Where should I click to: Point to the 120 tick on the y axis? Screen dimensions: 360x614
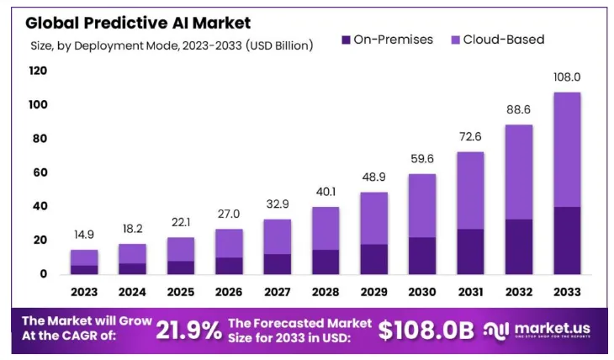click(x=38, y=71)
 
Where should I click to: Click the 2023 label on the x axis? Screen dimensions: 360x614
click(x=84, y=292)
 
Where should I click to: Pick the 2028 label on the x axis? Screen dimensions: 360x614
click(x=325, y=292)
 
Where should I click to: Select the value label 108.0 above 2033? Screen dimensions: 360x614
click(x=566, y=77)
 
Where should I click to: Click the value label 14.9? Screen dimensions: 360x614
click(x=84, y=235)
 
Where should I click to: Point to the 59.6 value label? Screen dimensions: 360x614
click(x=421, y=159)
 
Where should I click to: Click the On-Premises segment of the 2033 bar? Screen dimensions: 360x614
click(x=566, y=240)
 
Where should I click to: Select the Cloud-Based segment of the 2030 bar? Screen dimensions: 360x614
click(x=421, y=205)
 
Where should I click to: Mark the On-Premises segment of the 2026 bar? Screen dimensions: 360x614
click(x=229, y=265)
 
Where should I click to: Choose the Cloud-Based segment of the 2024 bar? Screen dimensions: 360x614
click(x=132, y=253)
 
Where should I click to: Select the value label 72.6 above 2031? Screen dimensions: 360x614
click(x=469, y=136)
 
